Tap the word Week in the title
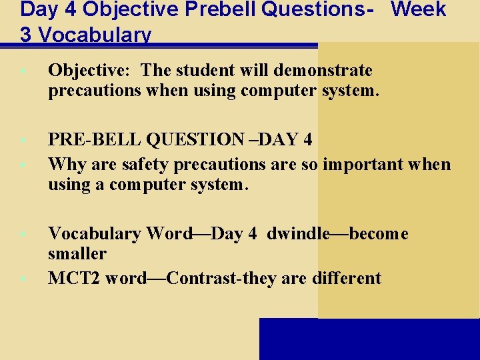click(419, 10)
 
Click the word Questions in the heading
click(316, 10)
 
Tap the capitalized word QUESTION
click(191, 139)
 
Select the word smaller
click(77, 253)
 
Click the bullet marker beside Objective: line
click(23, 70)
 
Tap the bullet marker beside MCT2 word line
click(23, 278)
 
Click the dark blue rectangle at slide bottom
click(369, 339)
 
